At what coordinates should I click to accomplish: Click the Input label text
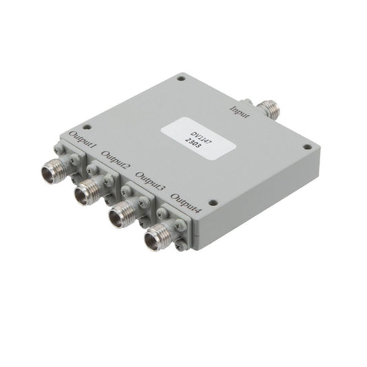240,112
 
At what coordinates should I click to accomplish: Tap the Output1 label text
83,140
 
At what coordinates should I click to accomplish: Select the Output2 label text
116,160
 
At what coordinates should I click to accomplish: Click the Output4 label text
186,203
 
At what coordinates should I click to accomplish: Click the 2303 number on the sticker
193,143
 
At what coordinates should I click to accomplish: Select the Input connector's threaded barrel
269,109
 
